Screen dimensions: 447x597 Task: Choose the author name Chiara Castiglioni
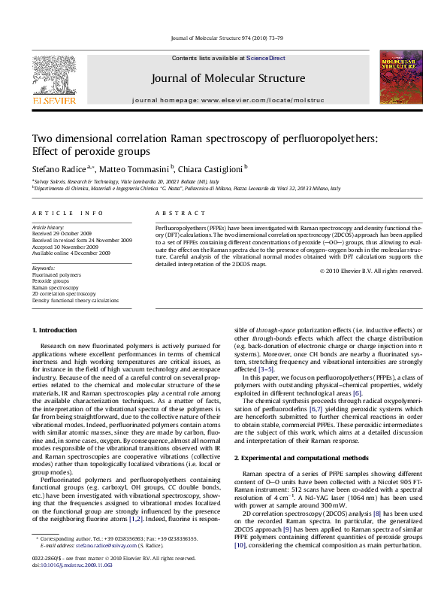[210, 169]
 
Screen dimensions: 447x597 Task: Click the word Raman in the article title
[172, 138]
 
